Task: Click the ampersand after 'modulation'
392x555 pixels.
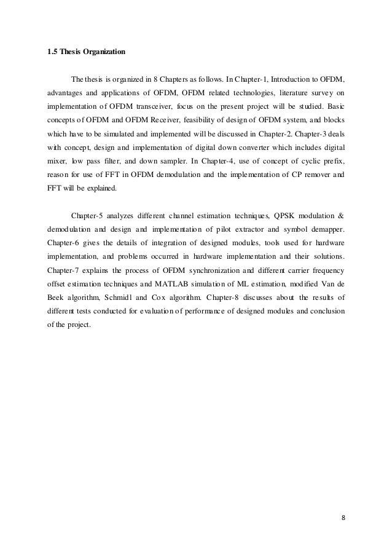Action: click(x=342, y=217)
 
